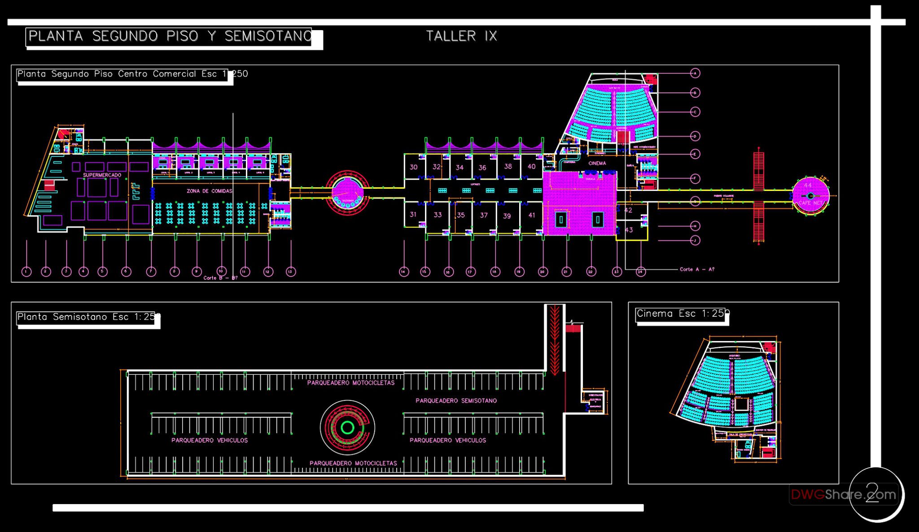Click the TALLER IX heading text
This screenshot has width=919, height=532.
tap(462, 36)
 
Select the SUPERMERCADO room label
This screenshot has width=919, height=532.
tap(102, 175)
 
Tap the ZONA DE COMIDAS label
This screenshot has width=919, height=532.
tap(210, 191)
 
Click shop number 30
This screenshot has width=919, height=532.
tap(413, 167)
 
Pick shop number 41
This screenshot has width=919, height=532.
tap(532, 215)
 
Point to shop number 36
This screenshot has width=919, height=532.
tap(482, 168)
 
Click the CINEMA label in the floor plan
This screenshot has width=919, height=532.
tap(597, 163)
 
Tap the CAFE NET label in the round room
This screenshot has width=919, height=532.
tap(811, 203)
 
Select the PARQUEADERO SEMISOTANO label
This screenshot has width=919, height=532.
tap(456, 400)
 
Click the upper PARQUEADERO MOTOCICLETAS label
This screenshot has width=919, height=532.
tap(351, 383)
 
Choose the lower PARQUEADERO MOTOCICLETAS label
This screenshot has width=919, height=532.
tap(353, 463)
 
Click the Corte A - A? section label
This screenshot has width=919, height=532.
tap(697, 269)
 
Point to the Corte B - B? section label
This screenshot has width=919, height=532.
tap(220, 278)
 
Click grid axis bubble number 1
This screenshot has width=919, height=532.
tap(26, 271)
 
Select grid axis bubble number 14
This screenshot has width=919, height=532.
tap(404, 271)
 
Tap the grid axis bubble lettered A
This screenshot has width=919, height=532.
tap(695, 73)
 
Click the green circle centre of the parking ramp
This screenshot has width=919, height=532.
tap(347, 427)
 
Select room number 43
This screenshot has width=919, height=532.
tap(629, 230)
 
